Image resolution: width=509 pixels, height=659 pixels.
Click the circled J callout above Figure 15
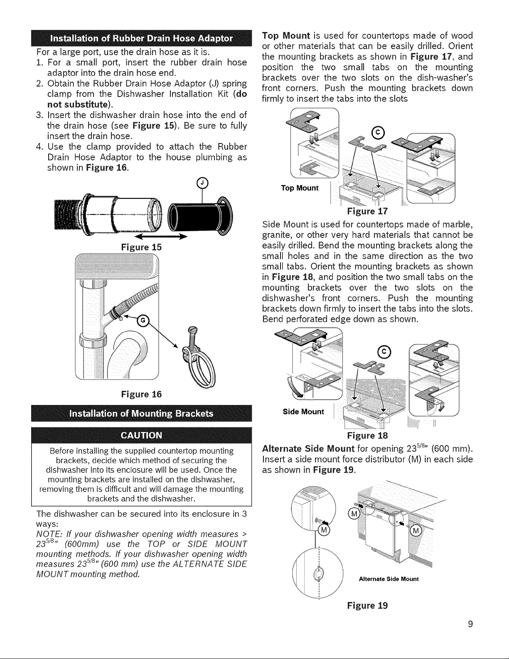point(203,182)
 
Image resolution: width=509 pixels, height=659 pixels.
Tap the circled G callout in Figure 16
point(143,321)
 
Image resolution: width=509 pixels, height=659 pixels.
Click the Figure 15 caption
point(141,247)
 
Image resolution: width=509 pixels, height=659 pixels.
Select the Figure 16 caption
point(141,394)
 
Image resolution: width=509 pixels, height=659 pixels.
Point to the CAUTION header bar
point(142,435)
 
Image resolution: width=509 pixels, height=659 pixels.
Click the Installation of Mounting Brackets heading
point(142,414)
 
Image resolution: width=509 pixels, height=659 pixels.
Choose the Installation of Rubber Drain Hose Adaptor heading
point(142,39)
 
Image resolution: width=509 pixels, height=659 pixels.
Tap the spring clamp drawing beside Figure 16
point(199,358)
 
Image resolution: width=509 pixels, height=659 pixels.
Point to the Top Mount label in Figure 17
point(300,188)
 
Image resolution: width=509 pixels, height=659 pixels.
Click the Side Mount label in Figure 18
point(303,412)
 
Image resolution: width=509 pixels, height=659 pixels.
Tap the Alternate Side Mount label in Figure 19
point(389,579)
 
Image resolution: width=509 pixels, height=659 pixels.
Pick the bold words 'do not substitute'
point(147,99)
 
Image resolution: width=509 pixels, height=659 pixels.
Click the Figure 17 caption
point(367,211)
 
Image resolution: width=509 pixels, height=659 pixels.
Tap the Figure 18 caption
point(367,436)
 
